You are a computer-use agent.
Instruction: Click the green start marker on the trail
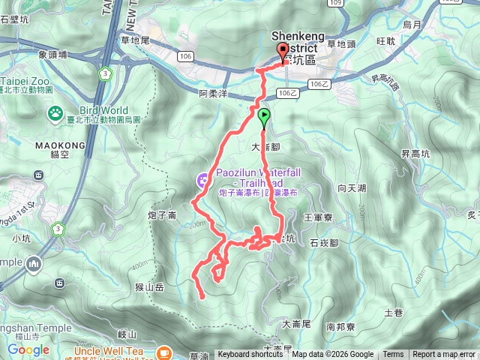tap(264, 116)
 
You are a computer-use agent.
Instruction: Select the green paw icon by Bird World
tap(55, 113)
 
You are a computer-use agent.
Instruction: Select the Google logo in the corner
tap(28, 349)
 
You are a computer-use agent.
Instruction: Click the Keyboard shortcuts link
tap(250, 355)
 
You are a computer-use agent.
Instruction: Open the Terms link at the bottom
tap(393, 355)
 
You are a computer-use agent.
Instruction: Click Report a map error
tap(444, 355)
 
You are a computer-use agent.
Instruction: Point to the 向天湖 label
tap(352, 188)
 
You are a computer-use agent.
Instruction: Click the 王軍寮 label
tap(318, 217)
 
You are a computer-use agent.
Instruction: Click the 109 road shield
tap(334, 3)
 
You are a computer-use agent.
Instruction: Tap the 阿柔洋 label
tap(213, 94)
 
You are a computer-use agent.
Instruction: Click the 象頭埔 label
tap(52, 55)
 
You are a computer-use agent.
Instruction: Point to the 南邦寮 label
tap(340, 327)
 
